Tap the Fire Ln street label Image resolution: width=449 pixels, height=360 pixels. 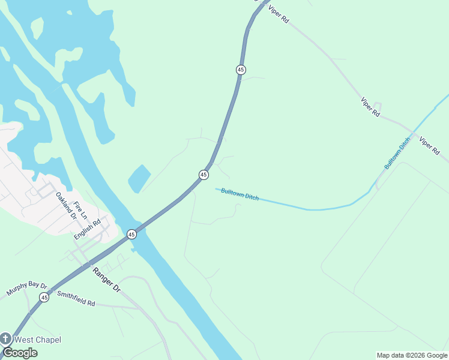[x=80, y=210]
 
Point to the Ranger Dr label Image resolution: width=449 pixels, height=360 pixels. [x=107, y=280]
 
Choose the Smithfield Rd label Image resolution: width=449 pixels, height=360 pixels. [x=76, y=299]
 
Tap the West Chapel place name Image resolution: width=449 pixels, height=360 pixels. [x=37, y=340]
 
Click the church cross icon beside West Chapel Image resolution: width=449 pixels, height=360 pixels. [x=6, y=339]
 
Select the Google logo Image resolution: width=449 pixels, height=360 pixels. [x=20, y=353]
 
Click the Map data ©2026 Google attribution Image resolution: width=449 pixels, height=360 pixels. [x=412, y=355]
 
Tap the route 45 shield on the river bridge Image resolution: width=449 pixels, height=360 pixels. [x=131, y=234]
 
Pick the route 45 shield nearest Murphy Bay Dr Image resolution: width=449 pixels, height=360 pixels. [x=44, y=297]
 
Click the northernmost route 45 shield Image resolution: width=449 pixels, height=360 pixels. [x=241, y=70]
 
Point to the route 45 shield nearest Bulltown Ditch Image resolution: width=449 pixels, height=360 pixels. [x=203, y=175]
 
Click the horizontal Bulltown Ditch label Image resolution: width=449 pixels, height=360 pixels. [x=240, y=194]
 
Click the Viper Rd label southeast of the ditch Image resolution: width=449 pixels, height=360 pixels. [x=430, y=146]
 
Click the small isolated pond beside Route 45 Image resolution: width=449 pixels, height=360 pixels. [x=139, y=178]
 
